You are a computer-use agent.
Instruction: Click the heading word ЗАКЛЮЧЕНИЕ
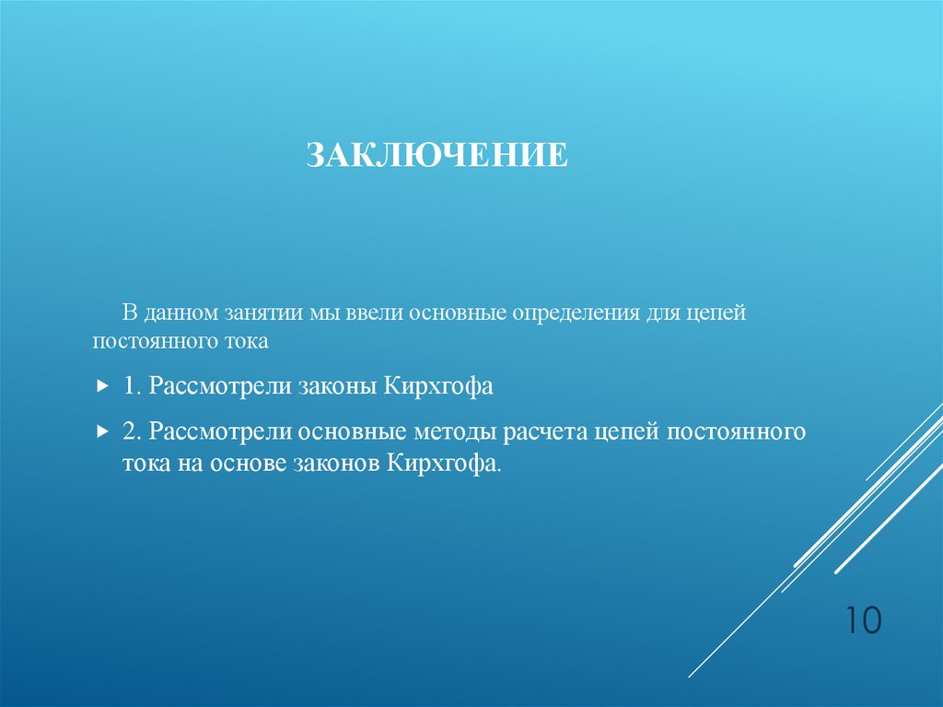[x=437, y=155]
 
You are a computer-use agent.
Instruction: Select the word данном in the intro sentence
[x=180, y=312]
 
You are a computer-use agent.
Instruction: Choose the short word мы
[x=326, y=312]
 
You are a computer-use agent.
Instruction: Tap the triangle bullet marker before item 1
[x=101, y=387]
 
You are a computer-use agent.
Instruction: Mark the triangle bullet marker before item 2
[x=101, y=432]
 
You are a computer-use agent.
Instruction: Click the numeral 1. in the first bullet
[x=131, y=386]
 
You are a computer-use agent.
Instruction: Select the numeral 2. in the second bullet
[x=132, y=431]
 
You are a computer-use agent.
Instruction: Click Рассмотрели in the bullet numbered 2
[x=221, y=431]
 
